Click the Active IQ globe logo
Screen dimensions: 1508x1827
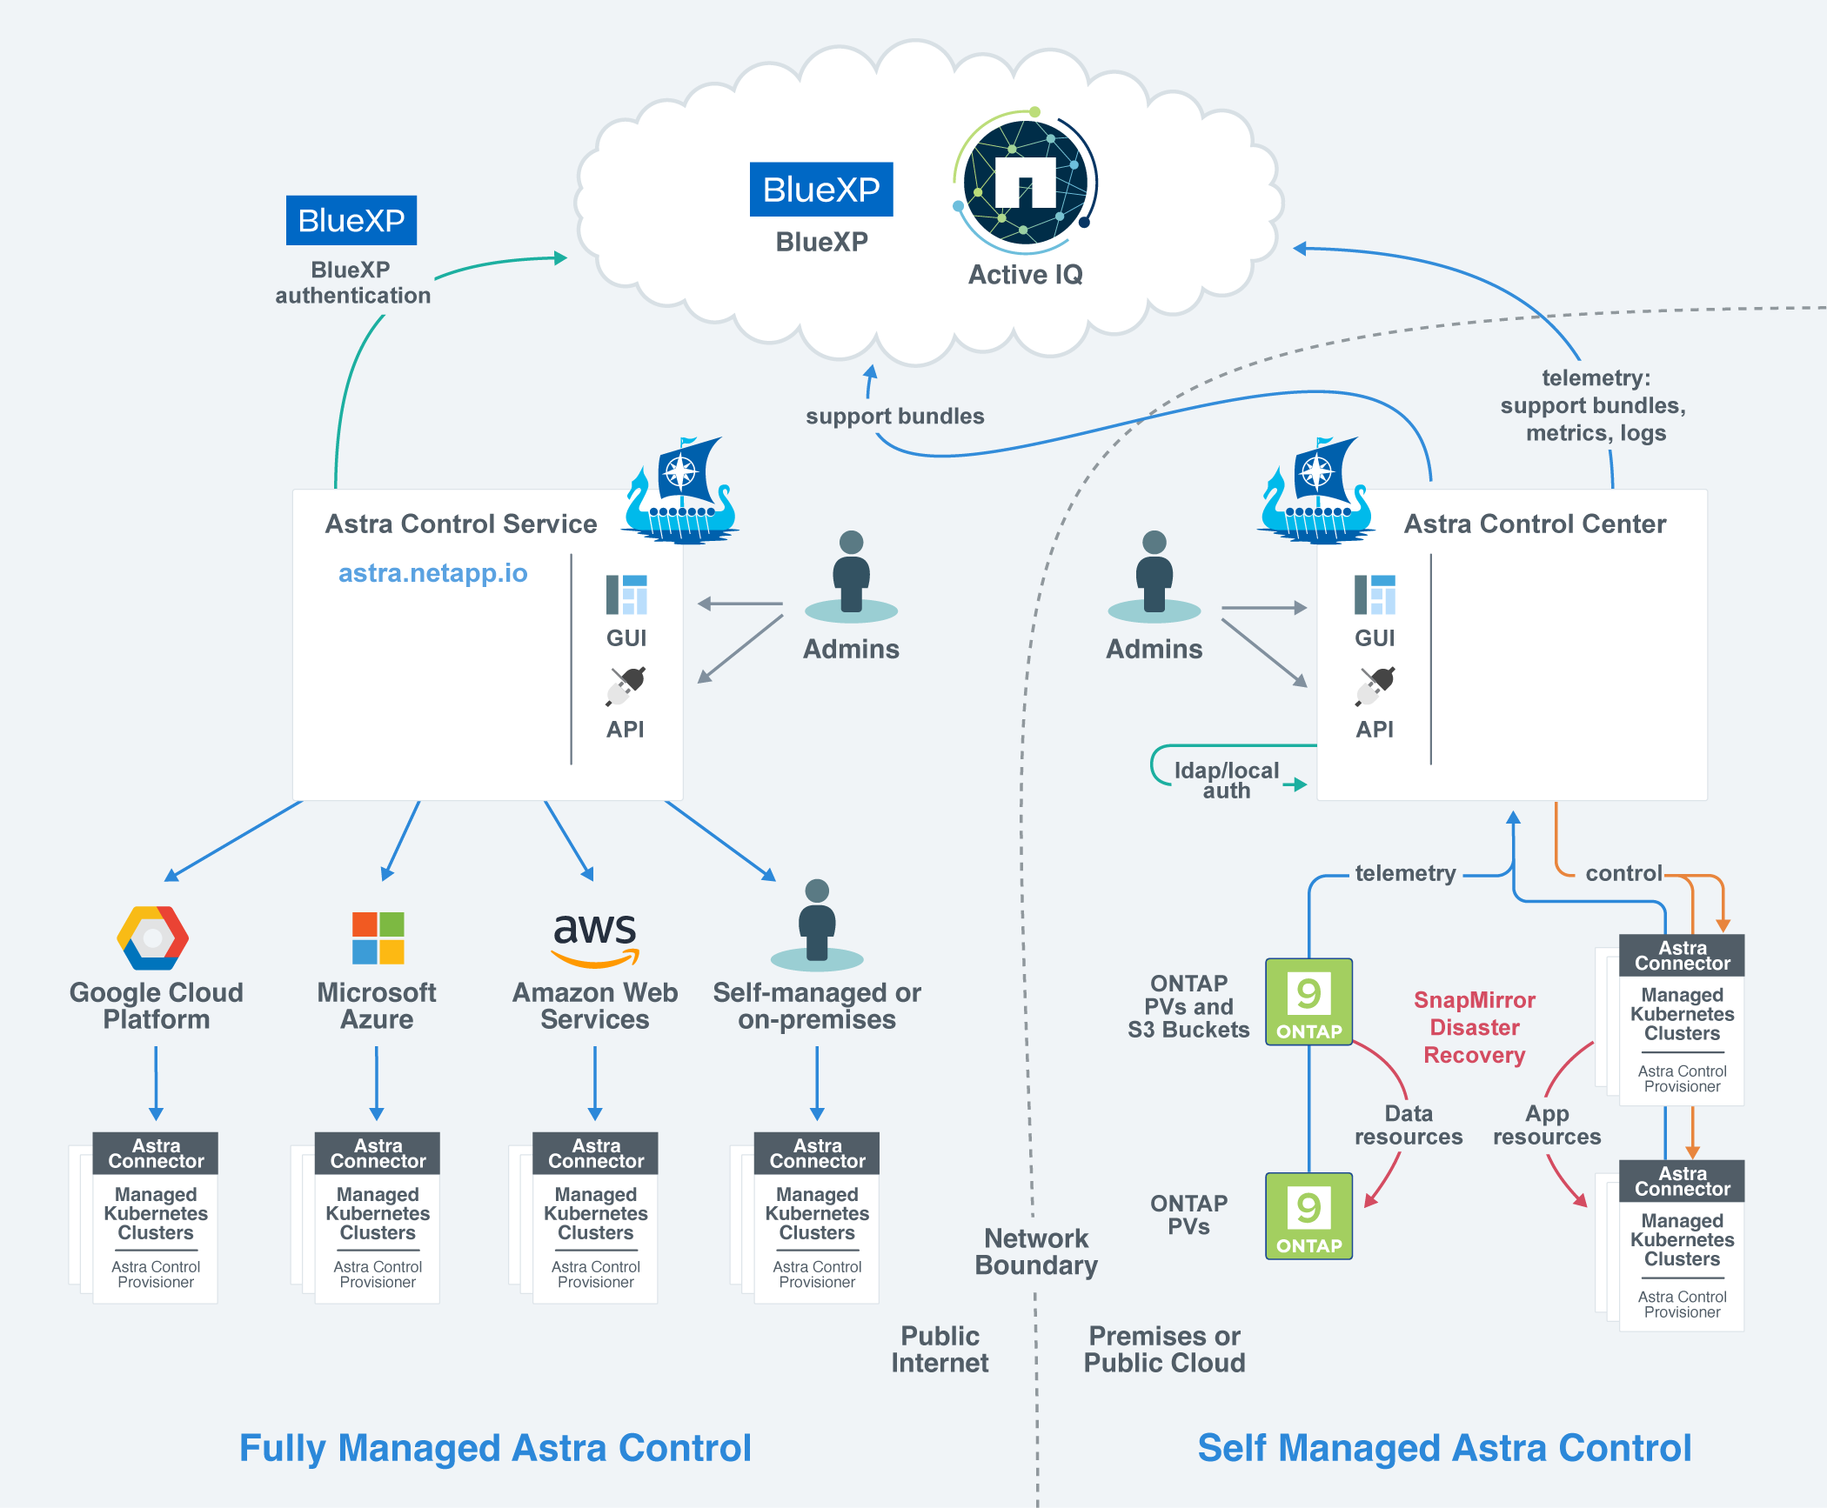(x=1026, y=182)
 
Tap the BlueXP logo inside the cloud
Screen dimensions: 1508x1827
(x=821, y=190)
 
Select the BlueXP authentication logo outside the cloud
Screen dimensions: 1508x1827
(x=351, y=221)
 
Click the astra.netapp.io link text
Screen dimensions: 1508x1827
(x=432, y=573)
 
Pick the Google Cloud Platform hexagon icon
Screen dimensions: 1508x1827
(x=153, y=937)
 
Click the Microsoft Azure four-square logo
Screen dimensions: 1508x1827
(x=378, y=937)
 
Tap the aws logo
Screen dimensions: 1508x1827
(x=595, y=937)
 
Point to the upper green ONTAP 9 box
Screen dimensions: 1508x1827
(x=1308, y=1001)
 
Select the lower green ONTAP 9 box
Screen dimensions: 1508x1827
(x=1308, y=1215)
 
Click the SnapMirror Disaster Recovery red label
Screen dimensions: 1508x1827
(x=1474, y=1027)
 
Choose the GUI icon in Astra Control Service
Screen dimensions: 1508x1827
(x=626, y=596)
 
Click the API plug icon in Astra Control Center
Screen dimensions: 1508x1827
(x=1375, y=686)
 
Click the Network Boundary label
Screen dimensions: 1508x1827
(x=1035, y=1251)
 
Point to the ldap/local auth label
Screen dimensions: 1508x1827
(x=1226, y=780)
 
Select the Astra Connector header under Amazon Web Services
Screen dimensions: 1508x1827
(x=596, y=1153)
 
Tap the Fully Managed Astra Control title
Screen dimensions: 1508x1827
(x=495, y=1448)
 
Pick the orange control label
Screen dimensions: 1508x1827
(x=1623, y=873)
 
